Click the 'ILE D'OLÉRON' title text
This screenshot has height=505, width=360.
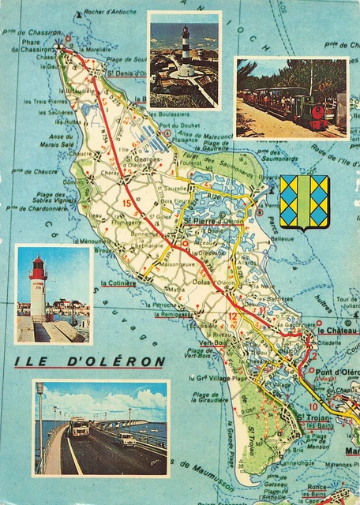pos(89,362)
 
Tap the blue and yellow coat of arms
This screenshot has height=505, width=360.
pos(304,202)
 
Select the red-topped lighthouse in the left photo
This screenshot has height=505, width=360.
pos(37,288)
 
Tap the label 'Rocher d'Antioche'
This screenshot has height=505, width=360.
pos(110,12)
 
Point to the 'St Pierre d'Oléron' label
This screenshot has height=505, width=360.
pos(215,222)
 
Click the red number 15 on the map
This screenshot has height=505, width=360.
pos(126,204)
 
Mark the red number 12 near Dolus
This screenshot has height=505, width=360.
pos(232,316)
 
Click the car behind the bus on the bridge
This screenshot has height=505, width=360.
pos(126,440)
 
